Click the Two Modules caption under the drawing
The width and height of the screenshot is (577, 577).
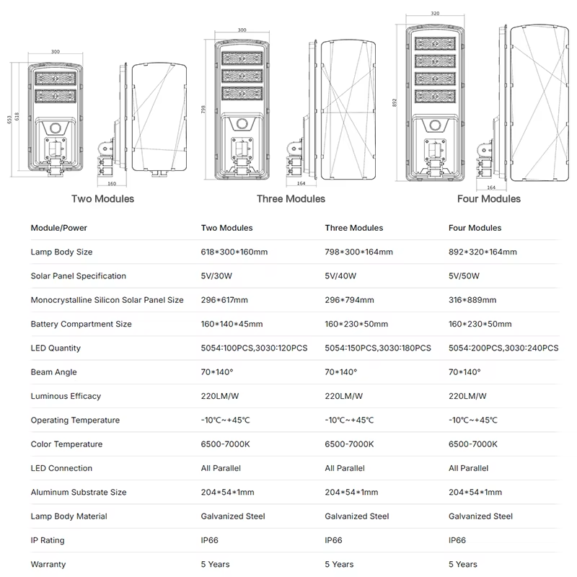point(102,198)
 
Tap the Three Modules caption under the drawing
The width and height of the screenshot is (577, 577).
point(291,198)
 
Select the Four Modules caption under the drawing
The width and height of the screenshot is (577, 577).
point(488,198)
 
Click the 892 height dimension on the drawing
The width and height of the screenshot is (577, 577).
point(395,102)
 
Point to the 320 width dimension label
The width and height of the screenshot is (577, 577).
point(435,14)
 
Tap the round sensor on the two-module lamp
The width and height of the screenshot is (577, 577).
point(54,128)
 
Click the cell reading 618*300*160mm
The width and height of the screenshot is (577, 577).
point(234,252)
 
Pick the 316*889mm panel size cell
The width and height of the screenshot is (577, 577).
point(472,300)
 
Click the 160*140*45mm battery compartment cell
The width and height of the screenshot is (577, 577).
point(232,324)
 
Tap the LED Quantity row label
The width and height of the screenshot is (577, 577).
point(56,348)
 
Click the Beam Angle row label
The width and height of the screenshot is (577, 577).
point(53,372)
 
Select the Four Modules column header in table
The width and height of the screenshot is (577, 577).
point(475,228)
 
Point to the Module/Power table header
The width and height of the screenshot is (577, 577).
point(58,228)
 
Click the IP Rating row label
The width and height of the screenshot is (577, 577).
point(47,540)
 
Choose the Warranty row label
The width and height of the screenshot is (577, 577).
point(48,564)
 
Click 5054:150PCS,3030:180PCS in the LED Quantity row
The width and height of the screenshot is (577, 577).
point(378,348)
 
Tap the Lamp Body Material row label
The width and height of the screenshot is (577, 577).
point(69,516)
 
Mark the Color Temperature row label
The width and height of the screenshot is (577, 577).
point(66,444)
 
